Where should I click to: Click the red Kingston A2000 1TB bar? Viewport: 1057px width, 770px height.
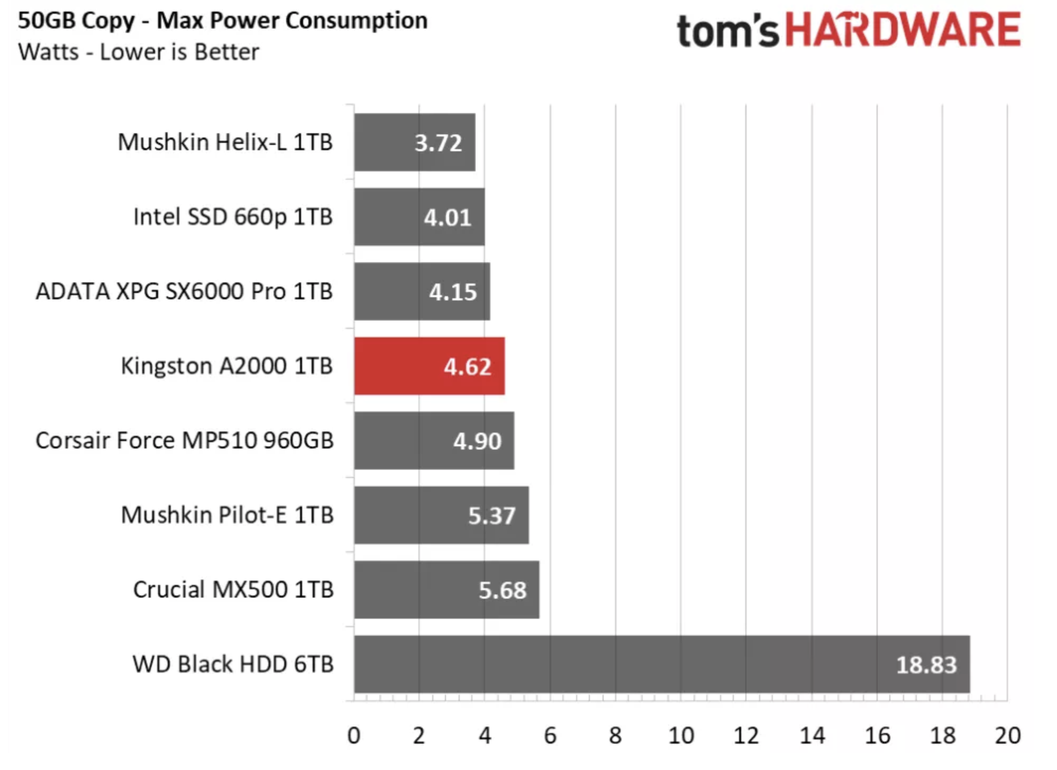click(x=429, y=366)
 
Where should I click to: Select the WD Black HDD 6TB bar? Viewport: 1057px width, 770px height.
click(x=661, y=664)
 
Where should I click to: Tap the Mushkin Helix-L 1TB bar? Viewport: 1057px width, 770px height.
click(x=414, y=142)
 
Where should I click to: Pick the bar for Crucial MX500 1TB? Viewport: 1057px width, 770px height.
click(x=447, y=590)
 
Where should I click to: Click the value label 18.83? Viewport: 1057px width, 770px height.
click(x=926, y=665)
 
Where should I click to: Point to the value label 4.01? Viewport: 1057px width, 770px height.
click(x=448, y=217)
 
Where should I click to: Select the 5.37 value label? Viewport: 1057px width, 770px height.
click(x=491, y=516)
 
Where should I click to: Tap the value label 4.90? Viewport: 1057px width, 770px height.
click(x=477, y=441)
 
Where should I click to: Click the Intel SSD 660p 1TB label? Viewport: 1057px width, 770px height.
click(x=233, y=217)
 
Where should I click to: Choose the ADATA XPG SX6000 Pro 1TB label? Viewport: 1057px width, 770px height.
click(x=184, y=291)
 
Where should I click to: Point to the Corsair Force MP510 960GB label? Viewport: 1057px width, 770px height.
click(x=185, y=441)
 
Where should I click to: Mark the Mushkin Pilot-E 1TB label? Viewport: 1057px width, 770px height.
click(x=227, y=515)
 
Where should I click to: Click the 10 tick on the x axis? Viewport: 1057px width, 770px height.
click(x=681, y=736)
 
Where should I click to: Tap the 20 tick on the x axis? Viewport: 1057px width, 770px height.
click(x=1007, y=736)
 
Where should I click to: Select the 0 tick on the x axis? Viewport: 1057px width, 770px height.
click(x=354, y=736)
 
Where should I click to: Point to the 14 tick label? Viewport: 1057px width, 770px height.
click(x=812, y=736)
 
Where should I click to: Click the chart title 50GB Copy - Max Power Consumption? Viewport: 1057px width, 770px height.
click(x=223, y=21)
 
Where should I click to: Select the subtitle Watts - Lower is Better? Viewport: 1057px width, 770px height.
click(x=139, y=52)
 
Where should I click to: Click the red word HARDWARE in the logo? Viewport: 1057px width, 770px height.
click(x=903, y=30)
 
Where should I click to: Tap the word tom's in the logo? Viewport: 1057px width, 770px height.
click(x=728, y=32)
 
